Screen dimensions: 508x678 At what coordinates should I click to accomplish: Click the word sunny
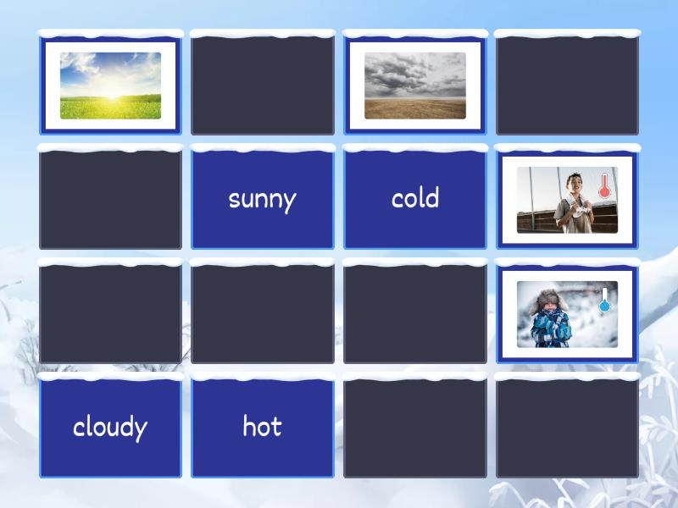262,199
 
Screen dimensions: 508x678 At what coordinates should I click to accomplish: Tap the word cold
415,198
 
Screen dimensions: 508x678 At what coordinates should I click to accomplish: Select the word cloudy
110,427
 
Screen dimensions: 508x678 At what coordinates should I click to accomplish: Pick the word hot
262,427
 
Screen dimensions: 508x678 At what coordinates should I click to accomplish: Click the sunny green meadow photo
110,86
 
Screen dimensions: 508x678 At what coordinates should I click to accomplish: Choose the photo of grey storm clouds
415,86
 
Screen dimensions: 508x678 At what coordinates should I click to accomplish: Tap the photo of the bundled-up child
567,314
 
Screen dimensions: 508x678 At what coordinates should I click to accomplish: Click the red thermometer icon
605,186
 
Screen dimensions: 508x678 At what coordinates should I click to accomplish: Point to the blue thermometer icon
605,301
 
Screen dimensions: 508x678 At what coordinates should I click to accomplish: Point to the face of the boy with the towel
575,184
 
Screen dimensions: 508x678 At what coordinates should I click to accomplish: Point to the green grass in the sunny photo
110,108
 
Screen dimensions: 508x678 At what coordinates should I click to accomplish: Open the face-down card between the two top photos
263,85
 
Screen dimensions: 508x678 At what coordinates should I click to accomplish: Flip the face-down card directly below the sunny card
263,314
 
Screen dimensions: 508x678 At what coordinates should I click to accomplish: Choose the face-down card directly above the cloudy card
110,314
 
